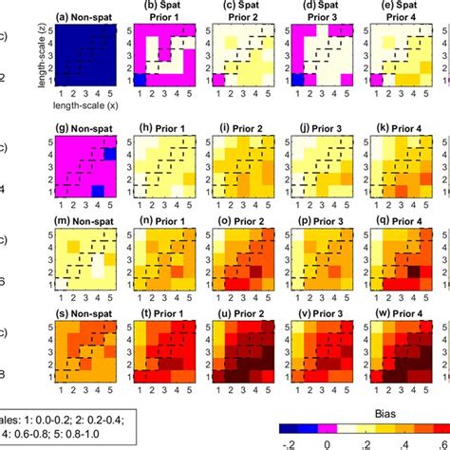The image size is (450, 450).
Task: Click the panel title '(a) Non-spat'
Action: [x=85, y=17]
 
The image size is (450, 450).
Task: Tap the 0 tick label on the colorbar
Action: [x=328, y=442]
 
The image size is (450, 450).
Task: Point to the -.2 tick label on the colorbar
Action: [x=288, y=442]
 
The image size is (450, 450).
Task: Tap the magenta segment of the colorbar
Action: [x=319, y=422]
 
